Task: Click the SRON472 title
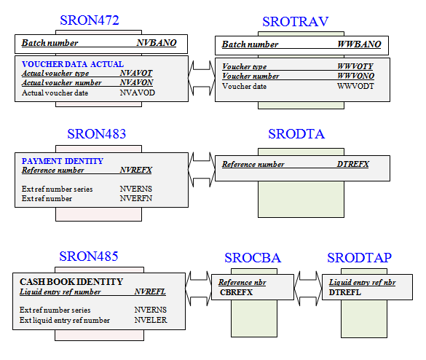pyautogui.click(x=90, y=20)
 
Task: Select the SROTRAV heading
pyautogui.click(x=296, y=22)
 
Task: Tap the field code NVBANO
pyautogui.click(x=157, y=43)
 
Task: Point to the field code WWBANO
pyautogui.click(x=359, y=44)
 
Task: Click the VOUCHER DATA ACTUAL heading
pyautogui.click(x=73, y=64)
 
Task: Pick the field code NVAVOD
pyautogui.click(x=137, y=93)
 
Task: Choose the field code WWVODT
pyautogui.click(x=355, y=86)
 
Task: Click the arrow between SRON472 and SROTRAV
pyautogui.click(x=202, y=78)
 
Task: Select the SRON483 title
pyautogui.click(x=97, y=134)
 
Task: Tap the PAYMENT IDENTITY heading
pyautogui.click(x=63, y=161)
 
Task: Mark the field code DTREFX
pyautogui.click(x=353, y=164)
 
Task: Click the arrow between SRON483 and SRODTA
pyautogui.click(x=202, y=169)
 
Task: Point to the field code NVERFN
pyautogui.click(x=136, y=198)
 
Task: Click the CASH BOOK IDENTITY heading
pyautogui.click(x=71, y=282)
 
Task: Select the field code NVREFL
pyautogui.click(x=150, y=291)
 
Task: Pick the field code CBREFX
pyautogui.click(x=237, y=292)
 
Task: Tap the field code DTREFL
pyautogui.click(x=344, y=292)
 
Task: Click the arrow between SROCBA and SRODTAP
pyautogui.click(x=308, y=289)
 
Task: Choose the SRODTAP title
pyautogui.click(x=360, y=258)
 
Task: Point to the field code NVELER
pyautogui.click(x=151, y=320)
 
